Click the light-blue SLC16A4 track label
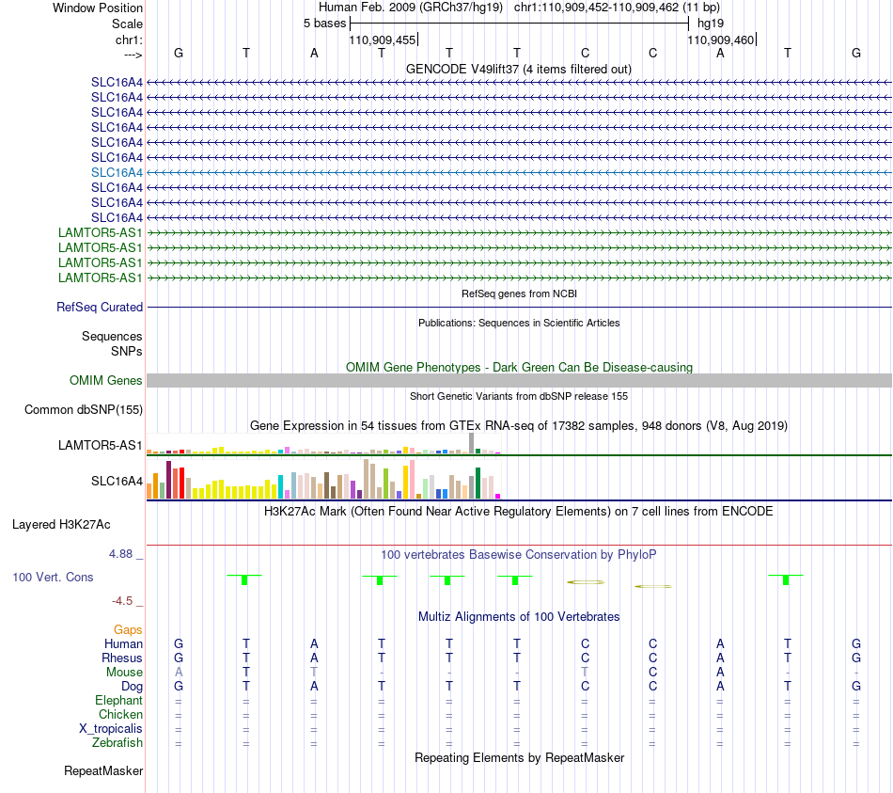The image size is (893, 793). (117, 172)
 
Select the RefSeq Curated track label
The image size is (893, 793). (100, 307)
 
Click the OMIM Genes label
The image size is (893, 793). (106, 380)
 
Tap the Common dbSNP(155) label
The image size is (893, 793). (84, 409)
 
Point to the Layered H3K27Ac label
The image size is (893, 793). (61, 525)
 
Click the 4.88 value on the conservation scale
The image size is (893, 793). (120, 553)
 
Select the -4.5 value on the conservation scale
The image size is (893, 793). (122, 600)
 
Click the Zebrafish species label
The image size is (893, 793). (117, 742)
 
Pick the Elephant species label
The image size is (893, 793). (119, 700)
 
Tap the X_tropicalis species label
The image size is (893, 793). (111, 729)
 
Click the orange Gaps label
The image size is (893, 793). (128, 629)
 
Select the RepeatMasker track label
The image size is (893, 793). (103, 770)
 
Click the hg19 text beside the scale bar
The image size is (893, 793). (711, 24)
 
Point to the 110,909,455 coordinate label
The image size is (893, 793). (383, 40)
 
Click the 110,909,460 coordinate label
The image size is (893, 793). (720, 40)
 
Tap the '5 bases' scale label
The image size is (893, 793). (324, 24)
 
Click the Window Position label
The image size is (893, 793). (98, 8)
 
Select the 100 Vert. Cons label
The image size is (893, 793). (53, 577)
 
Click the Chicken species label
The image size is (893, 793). (120, 714)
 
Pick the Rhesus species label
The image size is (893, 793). (122, 658)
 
